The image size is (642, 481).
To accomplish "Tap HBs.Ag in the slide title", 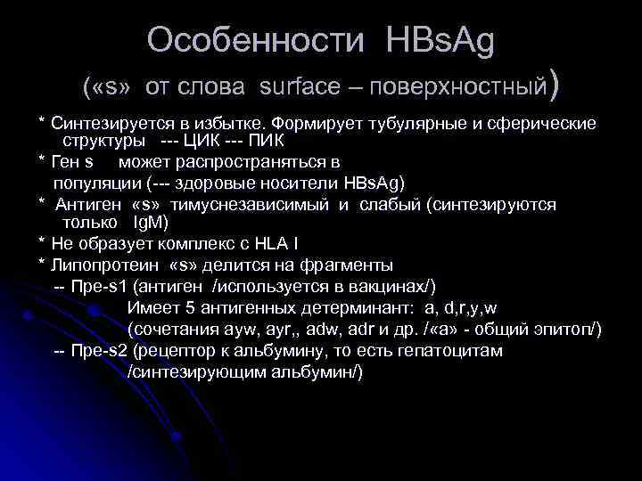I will (x=440, y=40).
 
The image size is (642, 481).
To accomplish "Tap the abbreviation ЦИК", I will (x=206, y=141).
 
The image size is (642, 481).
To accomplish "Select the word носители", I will (x=298, y=183).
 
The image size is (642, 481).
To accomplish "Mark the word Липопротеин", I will (x=103, y=265).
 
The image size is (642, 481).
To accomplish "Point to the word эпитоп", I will (x=568, y=330).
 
